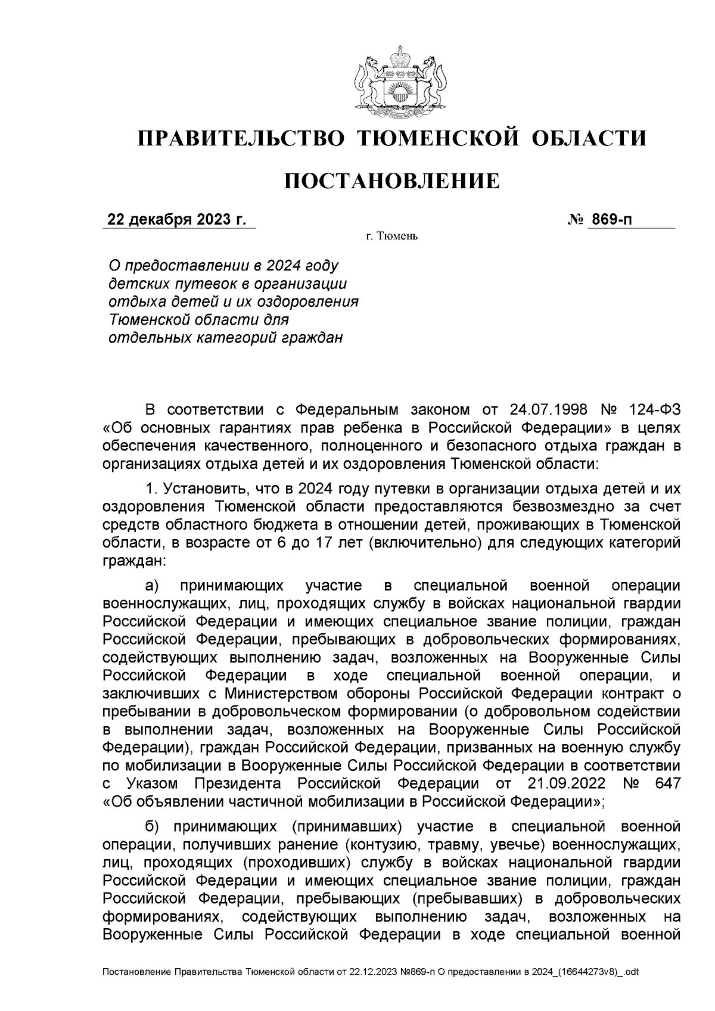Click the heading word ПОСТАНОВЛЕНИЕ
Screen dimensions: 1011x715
tap(391, 181)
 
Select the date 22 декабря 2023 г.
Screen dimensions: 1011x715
tap(176, 220)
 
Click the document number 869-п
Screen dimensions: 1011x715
tap(611, 220)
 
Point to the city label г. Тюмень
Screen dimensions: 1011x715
tap(392, 237)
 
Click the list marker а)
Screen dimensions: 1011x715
tap(153, 586)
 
